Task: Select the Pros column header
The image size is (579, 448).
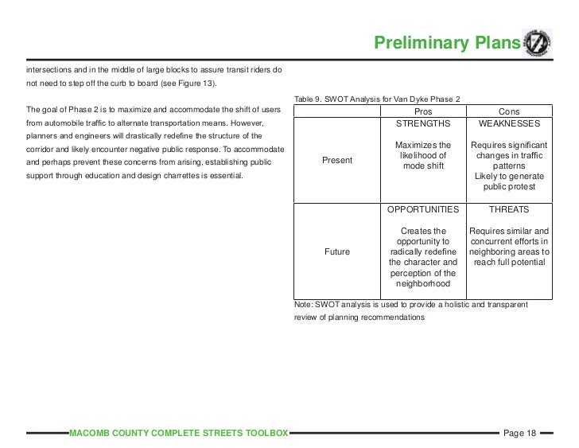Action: (x=424, y=112)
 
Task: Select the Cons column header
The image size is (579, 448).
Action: (x=509, y=112)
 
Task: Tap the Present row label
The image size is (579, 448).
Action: (x=337, y=160)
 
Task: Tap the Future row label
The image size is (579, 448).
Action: (x=337, y=251)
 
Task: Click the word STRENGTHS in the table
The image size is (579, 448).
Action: (x=422, y=124)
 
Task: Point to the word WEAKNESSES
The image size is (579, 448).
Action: (x=509, y=124)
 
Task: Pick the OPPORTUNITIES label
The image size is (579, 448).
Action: (x=422, y=210)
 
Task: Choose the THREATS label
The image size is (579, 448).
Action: (x=509, y=210)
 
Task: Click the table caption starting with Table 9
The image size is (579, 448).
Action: (x=377, y=99)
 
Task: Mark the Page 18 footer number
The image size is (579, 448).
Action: (x=521, y=433)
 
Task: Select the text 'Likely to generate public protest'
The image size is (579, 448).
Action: (x=509, y=181)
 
